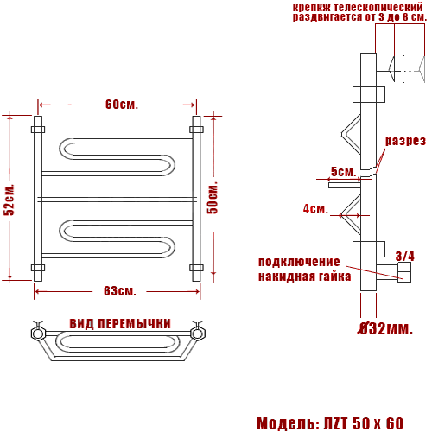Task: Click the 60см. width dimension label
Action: (x=122, y=105)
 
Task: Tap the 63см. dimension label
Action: (x=120, y=291)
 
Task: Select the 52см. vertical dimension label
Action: (x=10, y=199)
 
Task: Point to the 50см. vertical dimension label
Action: (x=213, y=198)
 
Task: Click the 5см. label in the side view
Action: (x=343, y=172)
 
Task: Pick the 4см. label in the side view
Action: (x=315, y=209)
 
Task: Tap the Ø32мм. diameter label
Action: (x=385, y=328)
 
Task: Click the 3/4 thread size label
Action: (x=405, y=256)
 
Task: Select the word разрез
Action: (x=405, y=141)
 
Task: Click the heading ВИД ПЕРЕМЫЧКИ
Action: (x=120, y=324)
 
